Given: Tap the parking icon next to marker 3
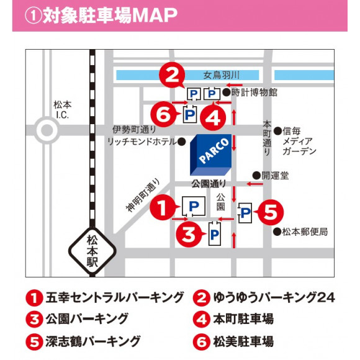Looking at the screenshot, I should click(x=214, y=233).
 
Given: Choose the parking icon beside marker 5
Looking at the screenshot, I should click(x=246, y=213).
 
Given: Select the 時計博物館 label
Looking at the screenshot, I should click(x=254, y=92).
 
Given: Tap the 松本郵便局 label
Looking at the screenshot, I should click(x=305, y=232).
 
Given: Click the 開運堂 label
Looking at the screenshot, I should click(x=274, y=175).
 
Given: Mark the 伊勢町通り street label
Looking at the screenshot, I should click(x=135, y=130).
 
